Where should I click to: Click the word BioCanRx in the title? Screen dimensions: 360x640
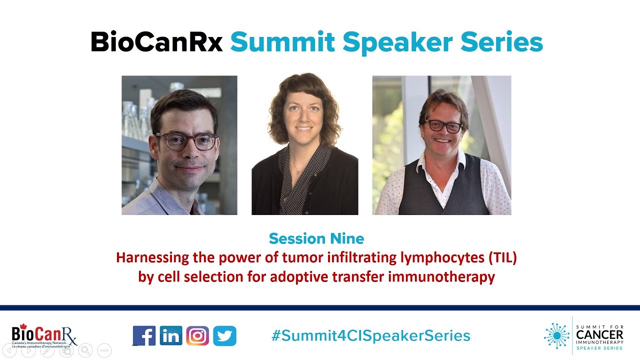[156, 42]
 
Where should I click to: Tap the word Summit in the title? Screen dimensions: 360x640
[282, 42]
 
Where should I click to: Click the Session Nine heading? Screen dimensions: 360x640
[316, 238]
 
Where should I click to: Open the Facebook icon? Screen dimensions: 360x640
[144, 335]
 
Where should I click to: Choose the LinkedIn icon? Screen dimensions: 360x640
[171, 335]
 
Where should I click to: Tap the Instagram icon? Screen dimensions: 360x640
[197, 335]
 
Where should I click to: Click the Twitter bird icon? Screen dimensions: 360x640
[224, 335]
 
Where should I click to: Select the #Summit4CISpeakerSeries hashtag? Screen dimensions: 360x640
[370, 335]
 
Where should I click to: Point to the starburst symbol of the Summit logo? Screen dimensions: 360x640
[556, 335]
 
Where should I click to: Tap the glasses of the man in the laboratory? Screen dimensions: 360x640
[186, 141]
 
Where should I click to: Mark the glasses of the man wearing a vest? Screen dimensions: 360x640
[443, 125]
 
